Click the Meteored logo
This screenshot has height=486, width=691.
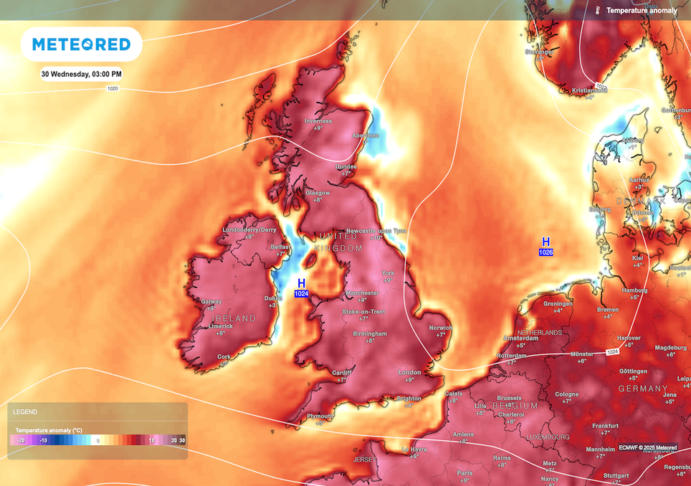(82, 44)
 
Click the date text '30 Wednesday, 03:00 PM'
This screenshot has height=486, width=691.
(81, 74)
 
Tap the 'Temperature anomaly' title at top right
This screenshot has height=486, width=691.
(641, 11)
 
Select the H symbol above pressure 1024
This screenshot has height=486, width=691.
(301, 283)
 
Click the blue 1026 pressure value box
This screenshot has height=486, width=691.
(545, 252)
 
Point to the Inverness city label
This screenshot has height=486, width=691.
(318, 121)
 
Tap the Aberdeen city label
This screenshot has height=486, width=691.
(365, 135)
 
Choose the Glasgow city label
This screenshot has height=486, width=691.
(318, 193)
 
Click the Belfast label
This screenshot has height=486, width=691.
(280, 246)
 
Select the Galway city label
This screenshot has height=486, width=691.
(211, 302)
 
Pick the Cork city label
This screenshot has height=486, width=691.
(224, 356)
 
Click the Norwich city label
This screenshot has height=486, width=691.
(441, 328)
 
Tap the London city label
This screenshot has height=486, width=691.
(410, 372)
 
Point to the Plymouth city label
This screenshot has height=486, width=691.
(320, 416)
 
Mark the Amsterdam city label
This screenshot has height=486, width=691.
(520, 338)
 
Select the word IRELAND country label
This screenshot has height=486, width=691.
(233, 318)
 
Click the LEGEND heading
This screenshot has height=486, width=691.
(25, 412)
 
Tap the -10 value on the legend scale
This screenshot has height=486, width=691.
(44, 440)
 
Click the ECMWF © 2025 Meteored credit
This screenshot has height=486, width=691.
(647, 448)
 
